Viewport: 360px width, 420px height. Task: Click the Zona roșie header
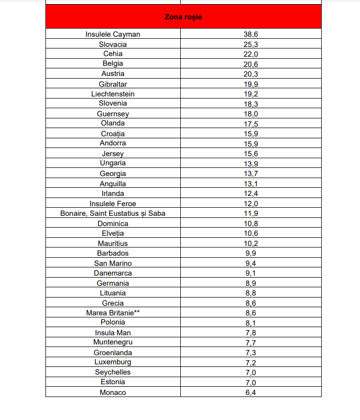(x=183, y=17)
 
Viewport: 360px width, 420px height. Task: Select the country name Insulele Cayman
(x=113, y=34)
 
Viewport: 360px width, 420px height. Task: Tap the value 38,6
(x=251, y=34)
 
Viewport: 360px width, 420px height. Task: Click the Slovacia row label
(x=113, y=44)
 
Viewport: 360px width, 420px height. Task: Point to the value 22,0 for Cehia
(x=251, y=54)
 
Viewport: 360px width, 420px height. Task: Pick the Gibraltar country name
(x=113, y=84)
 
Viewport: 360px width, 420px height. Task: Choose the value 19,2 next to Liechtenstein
(x=251, y=94)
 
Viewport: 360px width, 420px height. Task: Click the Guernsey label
(x=113, y=114)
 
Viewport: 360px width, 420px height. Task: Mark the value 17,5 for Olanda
(x=251, y=123)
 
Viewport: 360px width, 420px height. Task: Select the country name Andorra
(x=113, y=143)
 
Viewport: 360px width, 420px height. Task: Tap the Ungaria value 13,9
(x=251, y=163)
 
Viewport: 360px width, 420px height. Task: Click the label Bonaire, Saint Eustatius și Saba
(x=113, y=213)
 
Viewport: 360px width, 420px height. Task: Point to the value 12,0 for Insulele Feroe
(x=251, y=204)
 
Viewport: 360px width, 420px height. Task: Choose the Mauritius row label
(x=113, y=243)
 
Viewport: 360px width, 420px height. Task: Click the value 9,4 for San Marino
(x=251, y=263)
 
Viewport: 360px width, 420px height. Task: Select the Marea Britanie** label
(x=113, y=313)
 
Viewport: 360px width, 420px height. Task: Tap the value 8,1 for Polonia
(x=251, y=323)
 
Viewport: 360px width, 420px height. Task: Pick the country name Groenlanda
(x=113, y=353)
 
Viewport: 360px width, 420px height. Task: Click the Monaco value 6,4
(x=251, y=392)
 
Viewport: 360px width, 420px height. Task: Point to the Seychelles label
(x=113, y=373)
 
